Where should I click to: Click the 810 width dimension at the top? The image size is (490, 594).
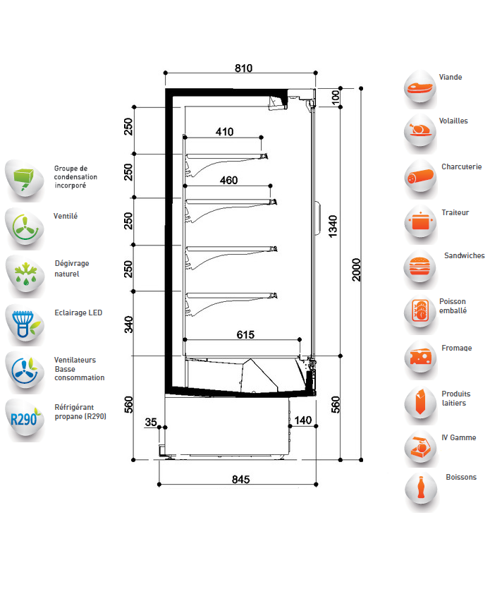[243, 68]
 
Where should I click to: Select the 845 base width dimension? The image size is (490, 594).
[240, 479]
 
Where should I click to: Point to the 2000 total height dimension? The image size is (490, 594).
[356, 269]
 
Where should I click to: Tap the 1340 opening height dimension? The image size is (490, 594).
[333, 226]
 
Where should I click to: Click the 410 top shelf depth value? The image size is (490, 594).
[224, 132]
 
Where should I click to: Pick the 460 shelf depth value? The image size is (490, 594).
[228, 180]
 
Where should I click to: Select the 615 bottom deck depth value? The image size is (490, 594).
[245, 334]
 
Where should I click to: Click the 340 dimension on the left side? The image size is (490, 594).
[129, 325]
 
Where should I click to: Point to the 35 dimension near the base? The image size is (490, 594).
[151, 422]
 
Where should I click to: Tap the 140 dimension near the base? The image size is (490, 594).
[303, 420]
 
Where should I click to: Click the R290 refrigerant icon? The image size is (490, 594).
[25, 418]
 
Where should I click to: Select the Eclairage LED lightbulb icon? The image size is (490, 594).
[25, 324]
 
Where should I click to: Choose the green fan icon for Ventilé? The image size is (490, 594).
[25, 229]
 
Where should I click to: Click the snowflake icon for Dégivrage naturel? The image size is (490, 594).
[25, 275]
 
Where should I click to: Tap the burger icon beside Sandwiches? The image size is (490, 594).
[419, 268]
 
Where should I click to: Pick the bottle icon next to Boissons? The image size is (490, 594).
[420, 490]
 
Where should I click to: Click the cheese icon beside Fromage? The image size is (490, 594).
[420, 358]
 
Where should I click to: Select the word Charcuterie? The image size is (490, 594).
[461, 166]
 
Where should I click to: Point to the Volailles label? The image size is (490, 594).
[453, 121]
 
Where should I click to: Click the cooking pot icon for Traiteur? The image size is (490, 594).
[420, 222]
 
